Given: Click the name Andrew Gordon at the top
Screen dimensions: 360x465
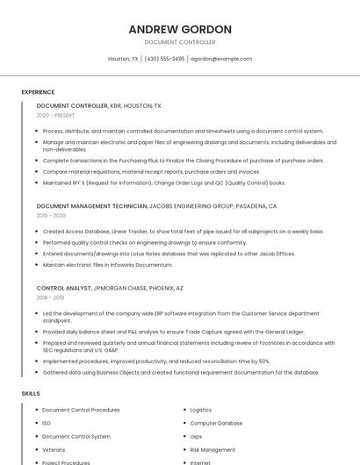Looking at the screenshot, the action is coord(179,29).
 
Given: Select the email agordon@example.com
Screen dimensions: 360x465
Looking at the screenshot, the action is coord(221,59).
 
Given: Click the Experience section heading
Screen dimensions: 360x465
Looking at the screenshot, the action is coord(38,92).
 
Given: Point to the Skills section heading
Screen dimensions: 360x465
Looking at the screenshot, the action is coord(31,394).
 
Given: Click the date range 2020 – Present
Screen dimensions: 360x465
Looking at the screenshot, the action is coord(55,115).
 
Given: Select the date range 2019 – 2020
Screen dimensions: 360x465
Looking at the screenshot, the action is coord(51,215).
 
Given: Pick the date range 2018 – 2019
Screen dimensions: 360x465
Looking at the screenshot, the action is coord(50,297).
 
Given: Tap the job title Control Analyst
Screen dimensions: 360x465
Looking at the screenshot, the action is coord(64,288).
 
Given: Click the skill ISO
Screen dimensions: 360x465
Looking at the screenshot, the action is coord(47,423).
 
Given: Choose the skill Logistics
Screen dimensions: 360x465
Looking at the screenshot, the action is coord(201,410).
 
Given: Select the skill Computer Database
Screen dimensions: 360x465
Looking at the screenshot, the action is coord(216,423).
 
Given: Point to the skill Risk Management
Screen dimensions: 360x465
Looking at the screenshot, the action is coord(212,449).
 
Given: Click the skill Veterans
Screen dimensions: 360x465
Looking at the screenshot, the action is coord(54,449).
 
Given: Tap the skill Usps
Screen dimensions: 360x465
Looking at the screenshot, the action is coord(196,436).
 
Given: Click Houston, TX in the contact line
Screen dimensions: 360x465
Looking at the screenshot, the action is coord(123,59).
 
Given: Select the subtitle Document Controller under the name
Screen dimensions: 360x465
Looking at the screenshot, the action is coord(179,42).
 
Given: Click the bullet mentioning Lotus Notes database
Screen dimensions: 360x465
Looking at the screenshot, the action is coord(169,254).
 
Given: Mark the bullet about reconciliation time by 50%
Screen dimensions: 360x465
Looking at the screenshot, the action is coord(155,361).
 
